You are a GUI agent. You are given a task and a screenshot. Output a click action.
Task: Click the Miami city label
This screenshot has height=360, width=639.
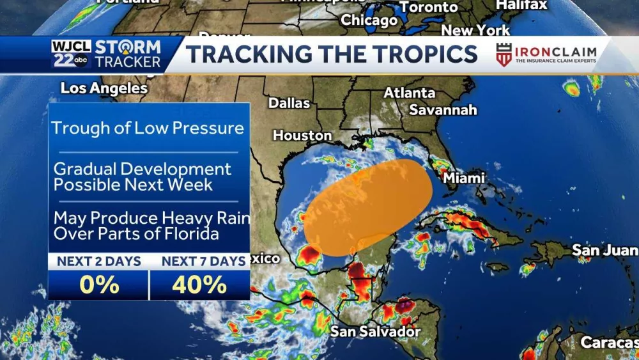pos(464,178)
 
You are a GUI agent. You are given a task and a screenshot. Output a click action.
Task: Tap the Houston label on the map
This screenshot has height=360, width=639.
pos(302,136)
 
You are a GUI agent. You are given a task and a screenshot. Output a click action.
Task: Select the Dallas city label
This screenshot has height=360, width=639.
pos(289,103)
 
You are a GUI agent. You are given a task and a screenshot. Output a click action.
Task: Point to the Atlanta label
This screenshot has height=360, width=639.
pos(409,93)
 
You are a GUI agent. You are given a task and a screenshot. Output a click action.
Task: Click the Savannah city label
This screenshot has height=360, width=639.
pos(443,110)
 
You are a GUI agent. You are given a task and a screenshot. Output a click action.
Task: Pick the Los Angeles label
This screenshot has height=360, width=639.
pos(104,88)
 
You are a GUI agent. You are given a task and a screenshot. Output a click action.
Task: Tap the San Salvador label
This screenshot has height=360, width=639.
pos(375,331)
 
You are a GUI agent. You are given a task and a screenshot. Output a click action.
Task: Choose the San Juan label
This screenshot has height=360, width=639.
pos(604,250)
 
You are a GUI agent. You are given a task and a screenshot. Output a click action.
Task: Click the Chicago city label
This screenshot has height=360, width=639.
pos(369,20)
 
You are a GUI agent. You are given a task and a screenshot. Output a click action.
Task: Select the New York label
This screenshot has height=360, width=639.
pos(475,31)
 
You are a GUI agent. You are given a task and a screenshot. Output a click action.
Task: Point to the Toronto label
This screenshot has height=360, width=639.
pos(429,8)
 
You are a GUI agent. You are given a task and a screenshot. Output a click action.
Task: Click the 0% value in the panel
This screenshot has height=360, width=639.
pos(99,285)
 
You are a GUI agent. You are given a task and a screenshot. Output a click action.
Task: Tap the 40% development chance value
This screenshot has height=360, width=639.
pos(199,285)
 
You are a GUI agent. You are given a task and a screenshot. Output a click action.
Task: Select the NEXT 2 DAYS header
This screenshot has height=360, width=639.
pos(99,261)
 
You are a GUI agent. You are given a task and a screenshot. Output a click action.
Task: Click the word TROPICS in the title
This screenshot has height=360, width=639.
pos(422,54)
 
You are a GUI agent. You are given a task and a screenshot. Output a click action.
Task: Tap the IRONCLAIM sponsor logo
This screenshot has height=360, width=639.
pos(546,54)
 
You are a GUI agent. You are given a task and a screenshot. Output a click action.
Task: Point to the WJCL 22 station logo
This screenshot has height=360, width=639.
pos(71,54)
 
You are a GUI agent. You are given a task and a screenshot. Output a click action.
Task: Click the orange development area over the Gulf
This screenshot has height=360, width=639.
pos(364,205)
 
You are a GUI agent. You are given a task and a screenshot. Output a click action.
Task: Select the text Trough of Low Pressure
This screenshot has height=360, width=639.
pos(148,128)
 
